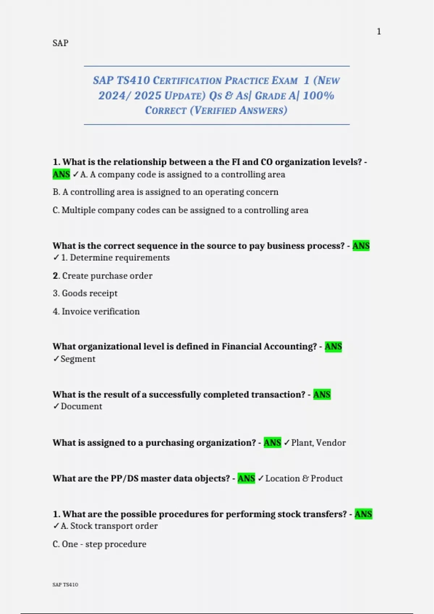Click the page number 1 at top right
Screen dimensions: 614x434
379,32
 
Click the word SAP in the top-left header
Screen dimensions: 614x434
60,43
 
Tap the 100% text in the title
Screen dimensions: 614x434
318,96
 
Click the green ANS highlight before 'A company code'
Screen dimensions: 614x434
61,174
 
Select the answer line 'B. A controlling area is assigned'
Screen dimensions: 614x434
165,192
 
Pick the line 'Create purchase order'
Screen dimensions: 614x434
107,276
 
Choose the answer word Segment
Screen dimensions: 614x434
78,359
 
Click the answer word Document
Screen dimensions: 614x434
81,406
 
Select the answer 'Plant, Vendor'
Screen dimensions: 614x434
318,443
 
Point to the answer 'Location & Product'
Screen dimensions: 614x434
304,479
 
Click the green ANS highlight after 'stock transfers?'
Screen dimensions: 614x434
363,514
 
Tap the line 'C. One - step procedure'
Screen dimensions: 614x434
99,544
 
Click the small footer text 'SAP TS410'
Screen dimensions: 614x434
65,585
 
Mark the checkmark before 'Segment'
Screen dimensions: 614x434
56,359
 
